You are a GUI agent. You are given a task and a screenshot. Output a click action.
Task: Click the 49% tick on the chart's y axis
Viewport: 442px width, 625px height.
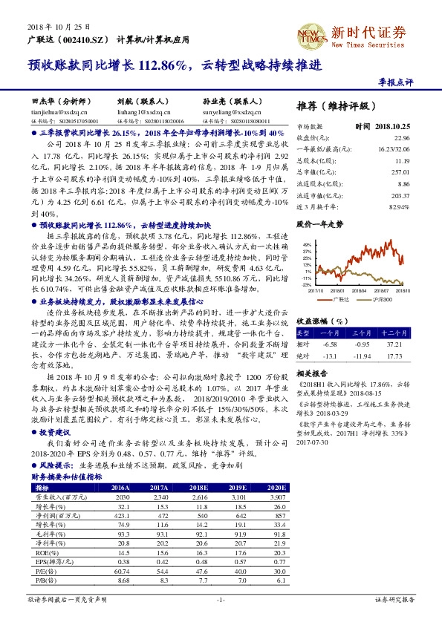(x=307, y=243)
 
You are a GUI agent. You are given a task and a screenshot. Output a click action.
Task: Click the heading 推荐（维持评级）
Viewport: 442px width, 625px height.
(x=325, y=105)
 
